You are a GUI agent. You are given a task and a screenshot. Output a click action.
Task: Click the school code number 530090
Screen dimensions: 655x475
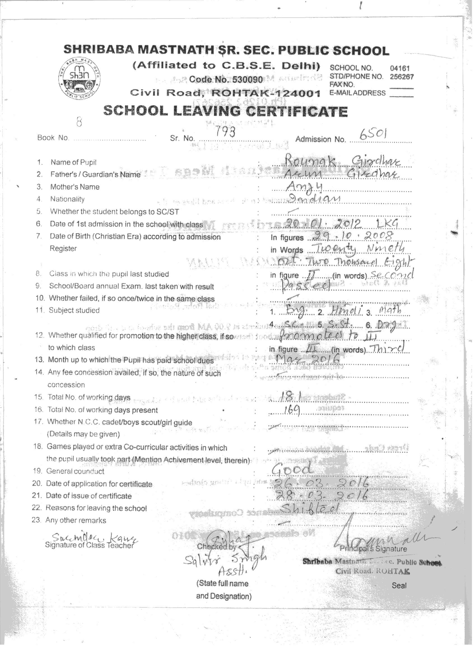226,79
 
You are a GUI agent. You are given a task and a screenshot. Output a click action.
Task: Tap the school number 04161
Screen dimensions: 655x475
400,68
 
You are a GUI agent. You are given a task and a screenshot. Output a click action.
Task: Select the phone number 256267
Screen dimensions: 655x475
402,76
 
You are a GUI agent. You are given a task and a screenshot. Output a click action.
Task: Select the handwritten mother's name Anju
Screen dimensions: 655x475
303,188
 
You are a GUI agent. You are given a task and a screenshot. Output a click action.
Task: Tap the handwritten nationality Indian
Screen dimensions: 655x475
315,199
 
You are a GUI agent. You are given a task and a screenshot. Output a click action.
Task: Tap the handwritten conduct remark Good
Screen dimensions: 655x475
292,468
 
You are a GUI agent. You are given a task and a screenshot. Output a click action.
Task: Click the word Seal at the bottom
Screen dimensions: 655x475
399,586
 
